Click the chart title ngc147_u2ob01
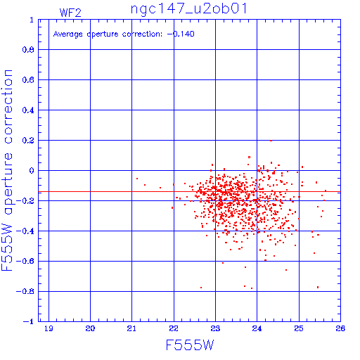click(x=188, y=9)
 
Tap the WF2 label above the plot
click(x=70, y=13)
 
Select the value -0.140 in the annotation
click(x=181, y=34)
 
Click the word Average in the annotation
click(x=67, y=34)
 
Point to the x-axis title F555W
click(x=190, y=345)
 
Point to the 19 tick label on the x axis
click(x=49, y=328)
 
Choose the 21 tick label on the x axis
click(x=131, y=328)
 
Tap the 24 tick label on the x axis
click(x=257, y=328)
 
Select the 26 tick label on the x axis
click(x=340, y=328)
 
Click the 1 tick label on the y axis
click(x=32, y=20)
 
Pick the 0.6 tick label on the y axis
click(x=28, y=80)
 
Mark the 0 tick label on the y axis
click(x=32, y=171)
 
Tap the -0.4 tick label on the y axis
click(x=25, y=231)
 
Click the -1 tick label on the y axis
click(x=29, y=321)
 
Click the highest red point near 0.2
click(x=271, y=141)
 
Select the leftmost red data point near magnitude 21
click(x=137, y=179)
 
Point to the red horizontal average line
click(x=189, y=192)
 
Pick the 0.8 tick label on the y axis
click(x=28, y=50)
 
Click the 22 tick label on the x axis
click(x=174, y=328)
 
